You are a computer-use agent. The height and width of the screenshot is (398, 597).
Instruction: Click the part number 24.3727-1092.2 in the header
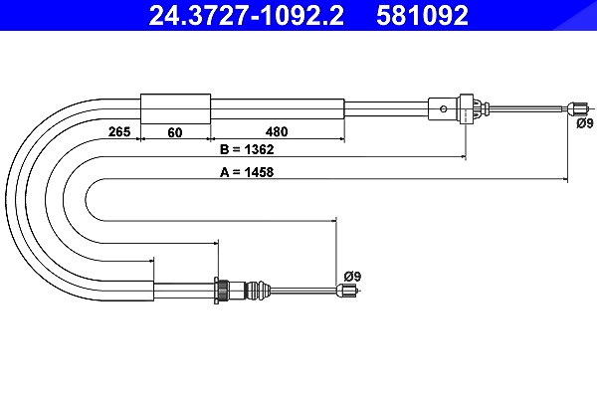247,16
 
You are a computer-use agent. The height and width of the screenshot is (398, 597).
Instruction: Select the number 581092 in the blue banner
422,16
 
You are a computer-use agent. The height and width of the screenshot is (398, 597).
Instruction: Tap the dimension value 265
119,131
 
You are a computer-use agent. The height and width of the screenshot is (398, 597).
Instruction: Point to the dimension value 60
175,132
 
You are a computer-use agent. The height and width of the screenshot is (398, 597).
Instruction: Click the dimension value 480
277,131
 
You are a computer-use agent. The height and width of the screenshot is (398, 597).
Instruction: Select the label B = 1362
247,149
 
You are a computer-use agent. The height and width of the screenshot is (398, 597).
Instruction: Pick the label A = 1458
247,172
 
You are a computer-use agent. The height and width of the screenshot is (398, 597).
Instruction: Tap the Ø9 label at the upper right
585,123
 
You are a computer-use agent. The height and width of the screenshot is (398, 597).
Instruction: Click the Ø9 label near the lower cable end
352,277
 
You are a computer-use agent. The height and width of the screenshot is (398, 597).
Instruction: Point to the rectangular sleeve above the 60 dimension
175,108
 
